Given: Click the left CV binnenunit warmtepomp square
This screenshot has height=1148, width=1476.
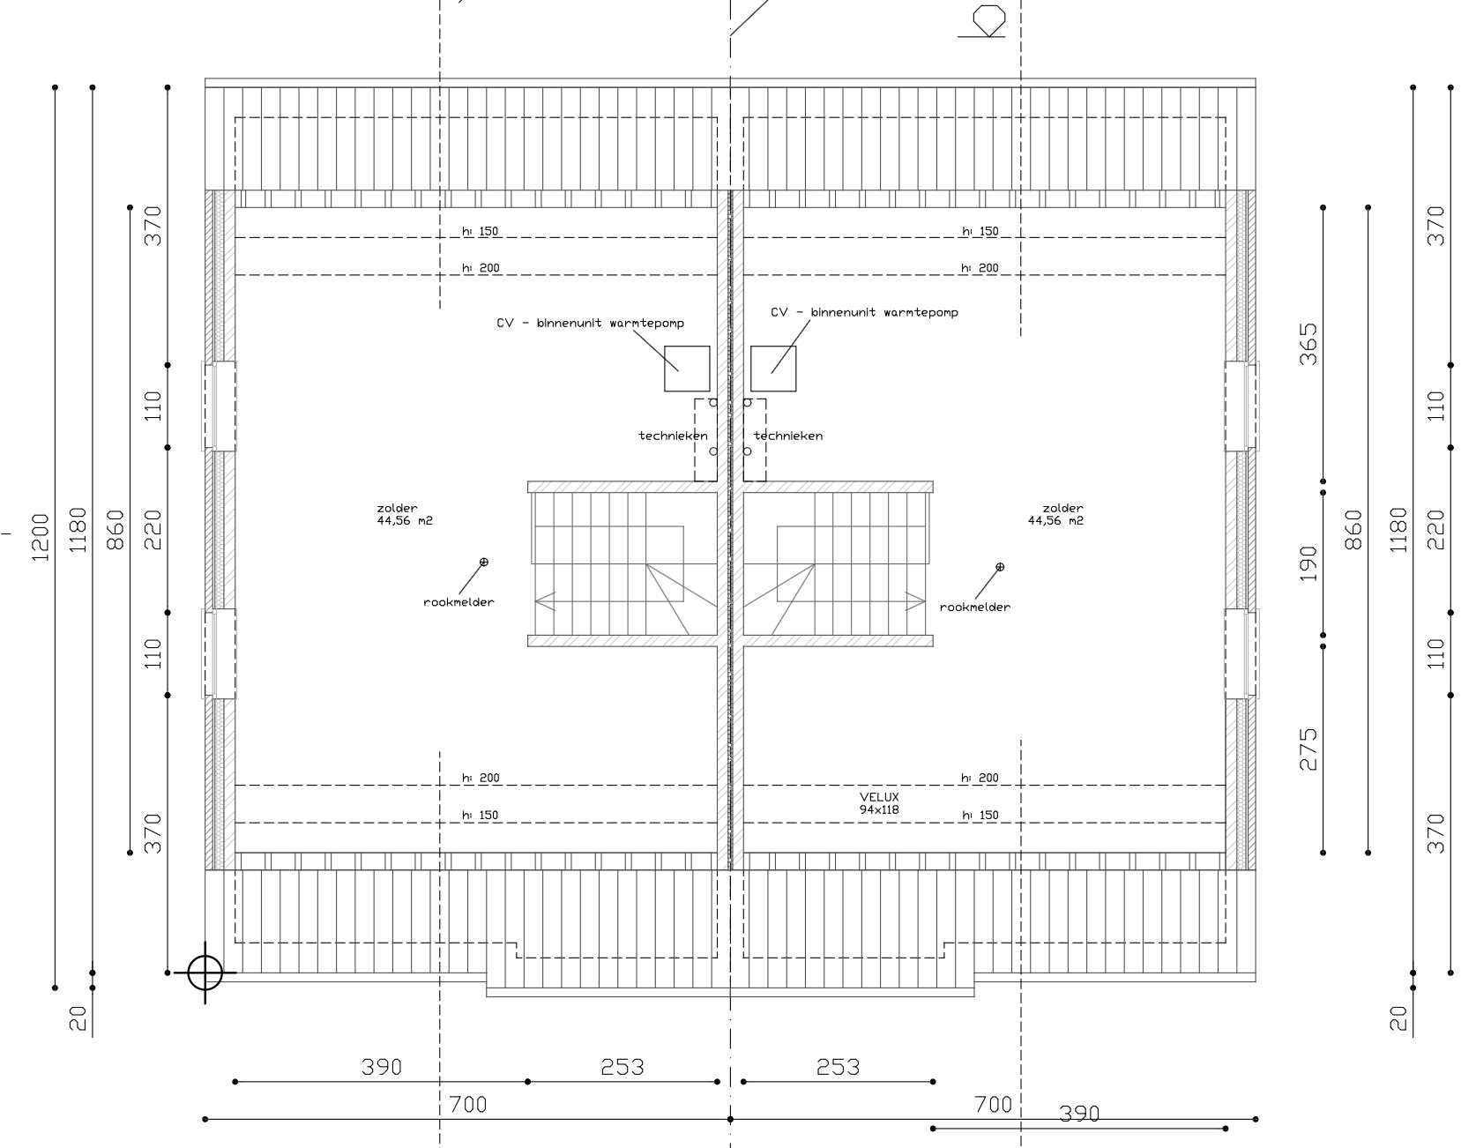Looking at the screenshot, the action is pos(687,369).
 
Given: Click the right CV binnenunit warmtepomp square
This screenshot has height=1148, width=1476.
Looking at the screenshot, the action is pos(773,369).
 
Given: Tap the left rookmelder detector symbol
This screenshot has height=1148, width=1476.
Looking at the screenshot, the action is pos(483,562).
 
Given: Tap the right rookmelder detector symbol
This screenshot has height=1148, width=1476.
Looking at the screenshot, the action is pos(1000,567).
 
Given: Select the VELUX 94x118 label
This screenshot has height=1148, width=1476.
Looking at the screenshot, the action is pos(879,803).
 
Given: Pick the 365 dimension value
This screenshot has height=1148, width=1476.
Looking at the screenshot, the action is pos(1309,344).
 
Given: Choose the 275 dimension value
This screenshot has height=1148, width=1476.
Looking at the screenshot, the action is pos(1309,749).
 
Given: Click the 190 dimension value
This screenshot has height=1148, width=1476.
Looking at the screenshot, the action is pos(1309,563).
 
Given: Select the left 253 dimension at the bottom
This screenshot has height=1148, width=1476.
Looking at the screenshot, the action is pos(622,1068).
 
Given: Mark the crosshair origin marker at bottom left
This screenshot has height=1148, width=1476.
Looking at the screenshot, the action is pos(205,973).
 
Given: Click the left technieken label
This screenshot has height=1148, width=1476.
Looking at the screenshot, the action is pos(673,436).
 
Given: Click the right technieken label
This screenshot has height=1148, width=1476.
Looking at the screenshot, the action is pos(788,436).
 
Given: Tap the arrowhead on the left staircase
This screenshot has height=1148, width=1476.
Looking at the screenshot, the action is pos(544,601).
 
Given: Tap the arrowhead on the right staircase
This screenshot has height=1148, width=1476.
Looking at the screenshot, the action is pos(916,601).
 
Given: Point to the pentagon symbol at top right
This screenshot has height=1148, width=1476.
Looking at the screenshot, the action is pos(988,19).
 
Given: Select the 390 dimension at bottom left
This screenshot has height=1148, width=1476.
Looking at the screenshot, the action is pos(382,1068).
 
